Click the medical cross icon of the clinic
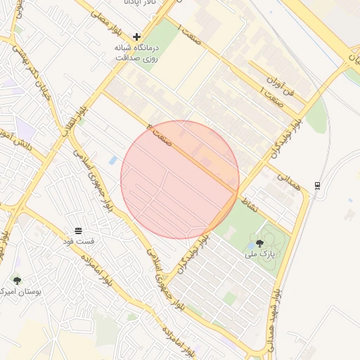(137, 36)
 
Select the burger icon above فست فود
(78, 231)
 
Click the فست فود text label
(79, 242)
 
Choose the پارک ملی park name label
(260, 253)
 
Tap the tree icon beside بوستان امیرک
(17, 281)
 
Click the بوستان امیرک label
(21, 291)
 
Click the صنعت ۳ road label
(160, 134)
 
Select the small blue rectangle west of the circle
(113, 161)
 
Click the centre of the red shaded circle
(180, 179)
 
